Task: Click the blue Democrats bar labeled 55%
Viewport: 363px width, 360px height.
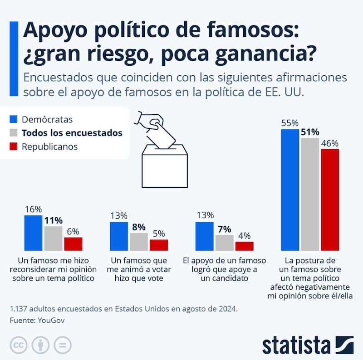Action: point(290,190)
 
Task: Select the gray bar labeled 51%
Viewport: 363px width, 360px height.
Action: point(310,194)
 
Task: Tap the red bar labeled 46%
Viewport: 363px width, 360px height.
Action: point(330,199)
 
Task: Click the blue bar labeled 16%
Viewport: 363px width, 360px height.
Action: point(33,233)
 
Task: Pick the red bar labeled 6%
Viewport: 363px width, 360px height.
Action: point(73,244)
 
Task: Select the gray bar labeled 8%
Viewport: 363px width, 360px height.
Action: point(139,242)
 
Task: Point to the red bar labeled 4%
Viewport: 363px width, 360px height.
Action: point(244,246)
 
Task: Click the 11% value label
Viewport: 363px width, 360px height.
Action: point(53,220)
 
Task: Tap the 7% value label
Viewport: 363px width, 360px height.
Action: point(224,229)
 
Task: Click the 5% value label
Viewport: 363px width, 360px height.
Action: point(159,234)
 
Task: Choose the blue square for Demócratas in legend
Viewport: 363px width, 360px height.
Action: point(14,120)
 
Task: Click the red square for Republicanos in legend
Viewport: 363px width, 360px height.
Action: point(14,146)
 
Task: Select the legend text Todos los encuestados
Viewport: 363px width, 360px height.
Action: point(72,133)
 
